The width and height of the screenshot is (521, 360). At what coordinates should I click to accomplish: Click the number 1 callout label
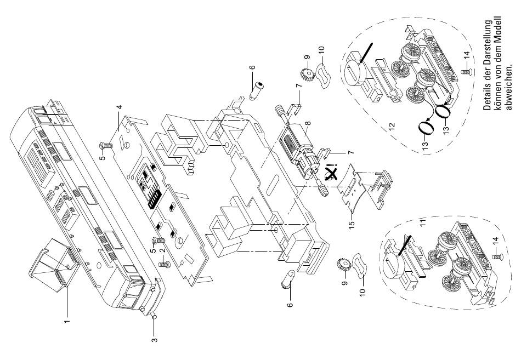(67, 321)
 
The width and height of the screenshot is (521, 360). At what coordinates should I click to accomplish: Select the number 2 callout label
(162, 251)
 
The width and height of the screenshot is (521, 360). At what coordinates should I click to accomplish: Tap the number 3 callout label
(154, 340)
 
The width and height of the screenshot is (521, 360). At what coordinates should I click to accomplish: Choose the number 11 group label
(423, 222)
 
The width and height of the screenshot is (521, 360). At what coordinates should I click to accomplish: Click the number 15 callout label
(352, 223)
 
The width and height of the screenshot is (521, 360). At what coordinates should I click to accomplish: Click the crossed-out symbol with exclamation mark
(332, 173)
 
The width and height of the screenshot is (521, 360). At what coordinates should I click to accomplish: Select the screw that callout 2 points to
(165, 265)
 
